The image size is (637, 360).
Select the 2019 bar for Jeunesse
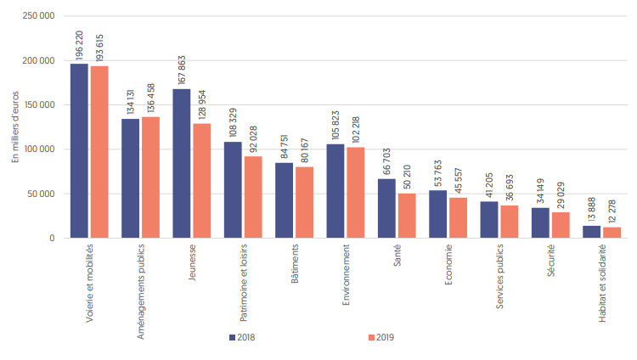point(201,181)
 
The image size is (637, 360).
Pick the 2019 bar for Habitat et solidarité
point(612,232)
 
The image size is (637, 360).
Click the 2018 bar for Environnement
point(335,191)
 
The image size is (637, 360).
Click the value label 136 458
point(151,95)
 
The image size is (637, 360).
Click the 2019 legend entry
point(379,337)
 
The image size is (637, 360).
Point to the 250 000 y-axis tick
point(40,17)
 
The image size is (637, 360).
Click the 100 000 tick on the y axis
point(40,149)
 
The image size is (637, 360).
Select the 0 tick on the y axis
point(53,238)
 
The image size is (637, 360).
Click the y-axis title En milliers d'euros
point(14,127)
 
